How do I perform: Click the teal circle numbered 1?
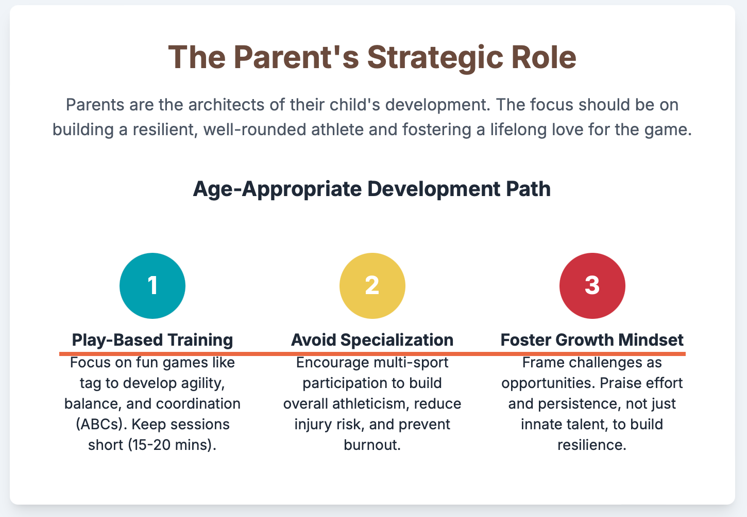[152, 285]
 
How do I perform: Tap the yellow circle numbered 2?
[372, 285]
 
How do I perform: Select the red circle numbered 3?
[592, 285]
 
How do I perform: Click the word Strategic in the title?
[435, 58]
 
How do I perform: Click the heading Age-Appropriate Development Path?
[372, 189]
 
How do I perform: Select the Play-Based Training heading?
[152, 341]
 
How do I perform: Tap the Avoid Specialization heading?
[372, 341]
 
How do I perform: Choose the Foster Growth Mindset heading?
[592, 340]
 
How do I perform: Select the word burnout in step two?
[372, 445]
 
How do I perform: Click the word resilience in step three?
[592, 445]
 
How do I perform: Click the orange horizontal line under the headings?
[372, 353]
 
